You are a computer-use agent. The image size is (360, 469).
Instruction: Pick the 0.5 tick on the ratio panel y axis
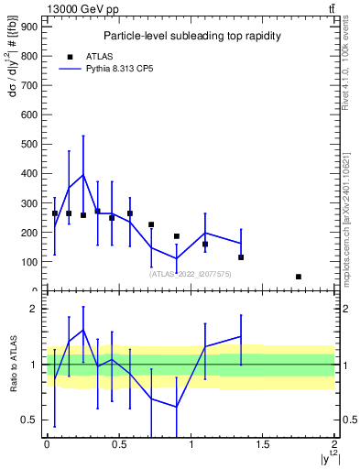[x=30, y=420]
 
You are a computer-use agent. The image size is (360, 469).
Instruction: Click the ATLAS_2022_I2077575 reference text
[x=191, y=274]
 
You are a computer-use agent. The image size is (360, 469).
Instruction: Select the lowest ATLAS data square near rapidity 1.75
[x=299, y=277]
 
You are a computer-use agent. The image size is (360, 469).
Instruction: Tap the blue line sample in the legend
[x=70, y=68]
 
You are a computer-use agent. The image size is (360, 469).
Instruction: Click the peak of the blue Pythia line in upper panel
[x=83, y=175]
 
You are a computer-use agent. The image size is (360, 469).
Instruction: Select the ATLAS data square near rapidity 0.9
[x=177, y=236]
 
